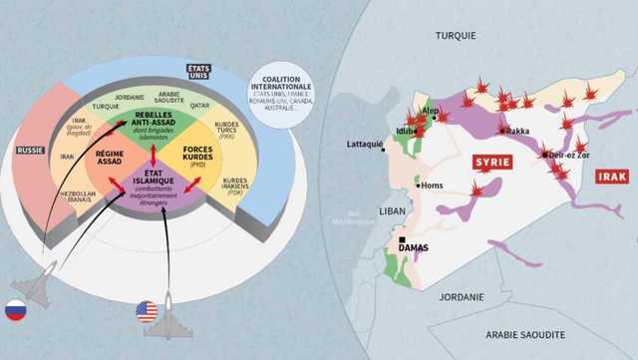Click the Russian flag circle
point(15,310)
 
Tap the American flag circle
point(148,312)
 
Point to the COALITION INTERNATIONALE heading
point(280,83)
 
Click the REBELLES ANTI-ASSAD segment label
point(152,119)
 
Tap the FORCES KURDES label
point(205,155)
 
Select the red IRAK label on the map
point(611,177)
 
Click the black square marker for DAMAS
point(402,240)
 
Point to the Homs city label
point(432,185)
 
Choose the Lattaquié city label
point(364,144)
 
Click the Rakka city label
point(517,131)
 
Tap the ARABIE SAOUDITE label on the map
point(526,335)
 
